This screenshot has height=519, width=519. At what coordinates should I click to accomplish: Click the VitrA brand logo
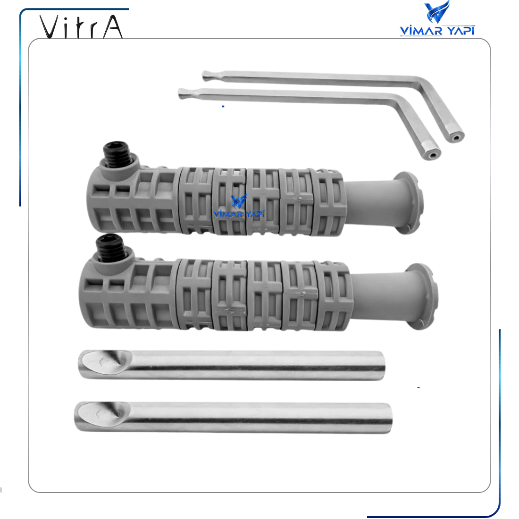(x=81, y=26)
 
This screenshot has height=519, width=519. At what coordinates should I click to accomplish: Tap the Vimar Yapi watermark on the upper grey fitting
(x=239, y=207)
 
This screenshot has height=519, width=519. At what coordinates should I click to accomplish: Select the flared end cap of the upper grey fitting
(x=409, y=202)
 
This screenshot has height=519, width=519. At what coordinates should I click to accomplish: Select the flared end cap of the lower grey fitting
(x=420, y=296)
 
